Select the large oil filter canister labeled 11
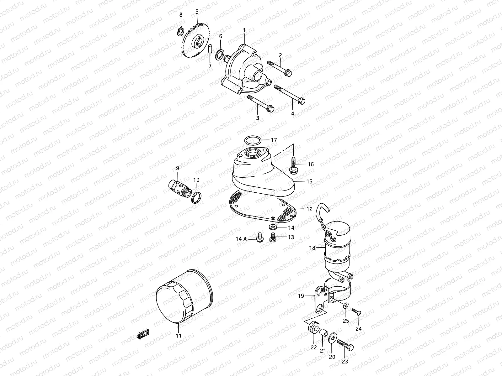point(184,296)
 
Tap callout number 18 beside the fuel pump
point(312,248)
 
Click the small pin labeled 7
point(211,49)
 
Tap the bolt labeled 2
point(280,68)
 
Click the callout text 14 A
point(241,239)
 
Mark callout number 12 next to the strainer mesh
point(309,209)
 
